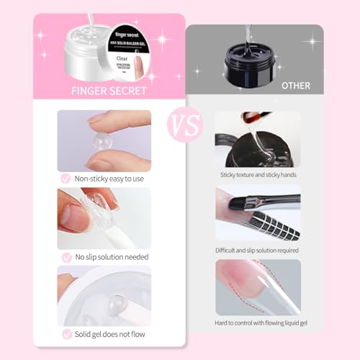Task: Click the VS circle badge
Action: [180, 124]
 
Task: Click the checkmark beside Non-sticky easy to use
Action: [66, 178]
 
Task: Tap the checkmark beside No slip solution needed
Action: [66, 256]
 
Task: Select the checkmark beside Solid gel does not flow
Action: [66, 334]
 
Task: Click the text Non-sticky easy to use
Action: [109, 179]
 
